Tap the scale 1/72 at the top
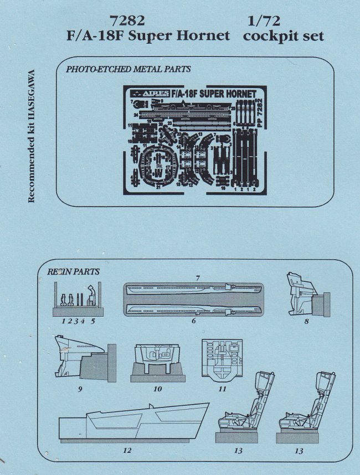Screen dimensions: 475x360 click(266, 21)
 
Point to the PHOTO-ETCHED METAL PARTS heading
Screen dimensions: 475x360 click(128, 70)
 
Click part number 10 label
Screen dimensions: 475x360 click(158, 389)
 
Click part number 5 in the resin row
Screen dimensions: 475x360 click(93, 321)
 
